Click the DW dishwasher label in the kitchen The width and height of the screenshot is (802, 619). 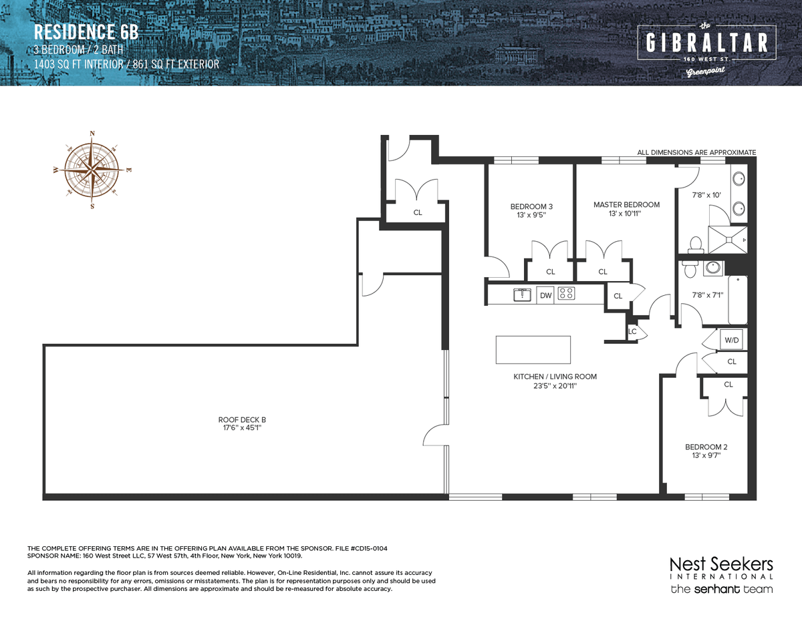pos(545,295)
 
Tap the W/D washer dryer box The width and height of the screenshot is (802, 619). pos(732,340)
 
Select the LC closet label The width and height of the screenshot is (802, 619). pos(632,331)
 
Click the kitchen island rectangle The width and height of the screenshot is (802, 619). pos(533,349)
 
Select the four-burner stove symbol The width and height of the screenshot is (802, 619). pos(566,293)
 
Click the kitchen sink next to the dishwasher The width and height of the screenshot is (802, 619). pos(522,294)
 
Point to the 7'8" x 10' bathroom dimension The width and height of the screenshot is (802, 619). pos(706,195)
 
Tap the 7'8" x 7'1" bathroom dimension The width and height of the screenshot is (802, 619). pos(707,295)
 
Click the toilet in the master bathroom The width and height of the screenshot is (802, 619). pos(696,245)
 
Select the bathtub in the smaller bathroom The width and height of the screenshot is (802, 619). pos(737,300)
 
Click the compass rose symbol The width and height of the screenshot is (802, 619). pos(92,170)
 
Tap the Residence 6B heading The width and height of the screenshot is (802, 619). pos(86,31)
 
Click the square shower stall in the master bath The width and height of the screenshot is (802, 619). pos(728,240)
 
